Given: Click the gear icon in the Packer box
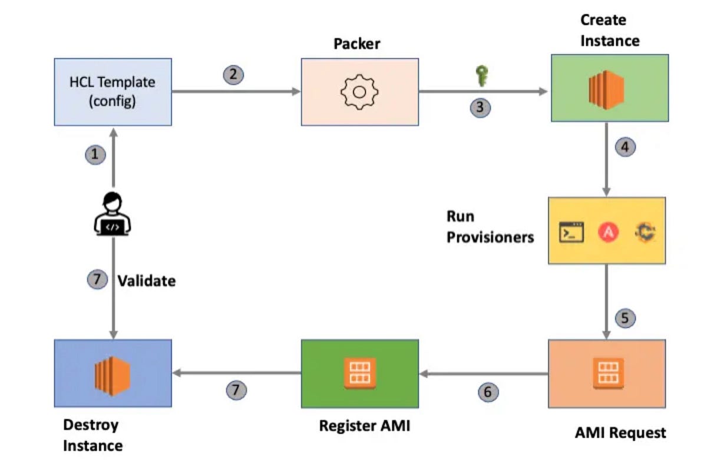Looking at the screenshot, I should (x=359, y=92).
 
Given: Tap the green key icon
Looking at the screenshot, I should (x=481, y=76).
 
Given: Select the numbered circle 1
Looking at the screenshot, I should (x=95, y=155).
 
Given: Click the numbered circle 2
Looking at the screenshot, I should (x=233, y=75).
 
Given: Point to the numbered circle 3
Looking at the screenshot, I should (x=480, y=108).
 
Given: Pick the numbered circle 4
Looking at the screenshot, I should (x=626, y=147).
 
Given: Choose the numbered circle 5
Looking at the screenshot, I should (x=626, y=318).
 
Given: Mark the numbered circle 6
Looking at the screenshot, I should (x=488, y=392).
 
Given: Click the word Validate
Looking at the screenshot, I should (x=146, y=281).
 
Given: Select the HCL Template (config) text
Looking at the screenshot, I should (x=112, y=92).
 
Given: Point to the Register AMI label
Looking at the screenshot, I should (x=364, y=426).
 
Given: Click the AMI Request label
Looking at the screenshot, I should (x=620, y=433).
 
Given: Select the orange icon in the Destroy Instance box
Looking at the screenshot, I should (x=113, y=373).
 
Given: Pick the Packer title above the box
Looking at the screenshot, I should (x=356, y=44).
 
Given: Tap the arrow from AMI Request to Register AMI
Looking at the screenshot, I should (x=483, y=373).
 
